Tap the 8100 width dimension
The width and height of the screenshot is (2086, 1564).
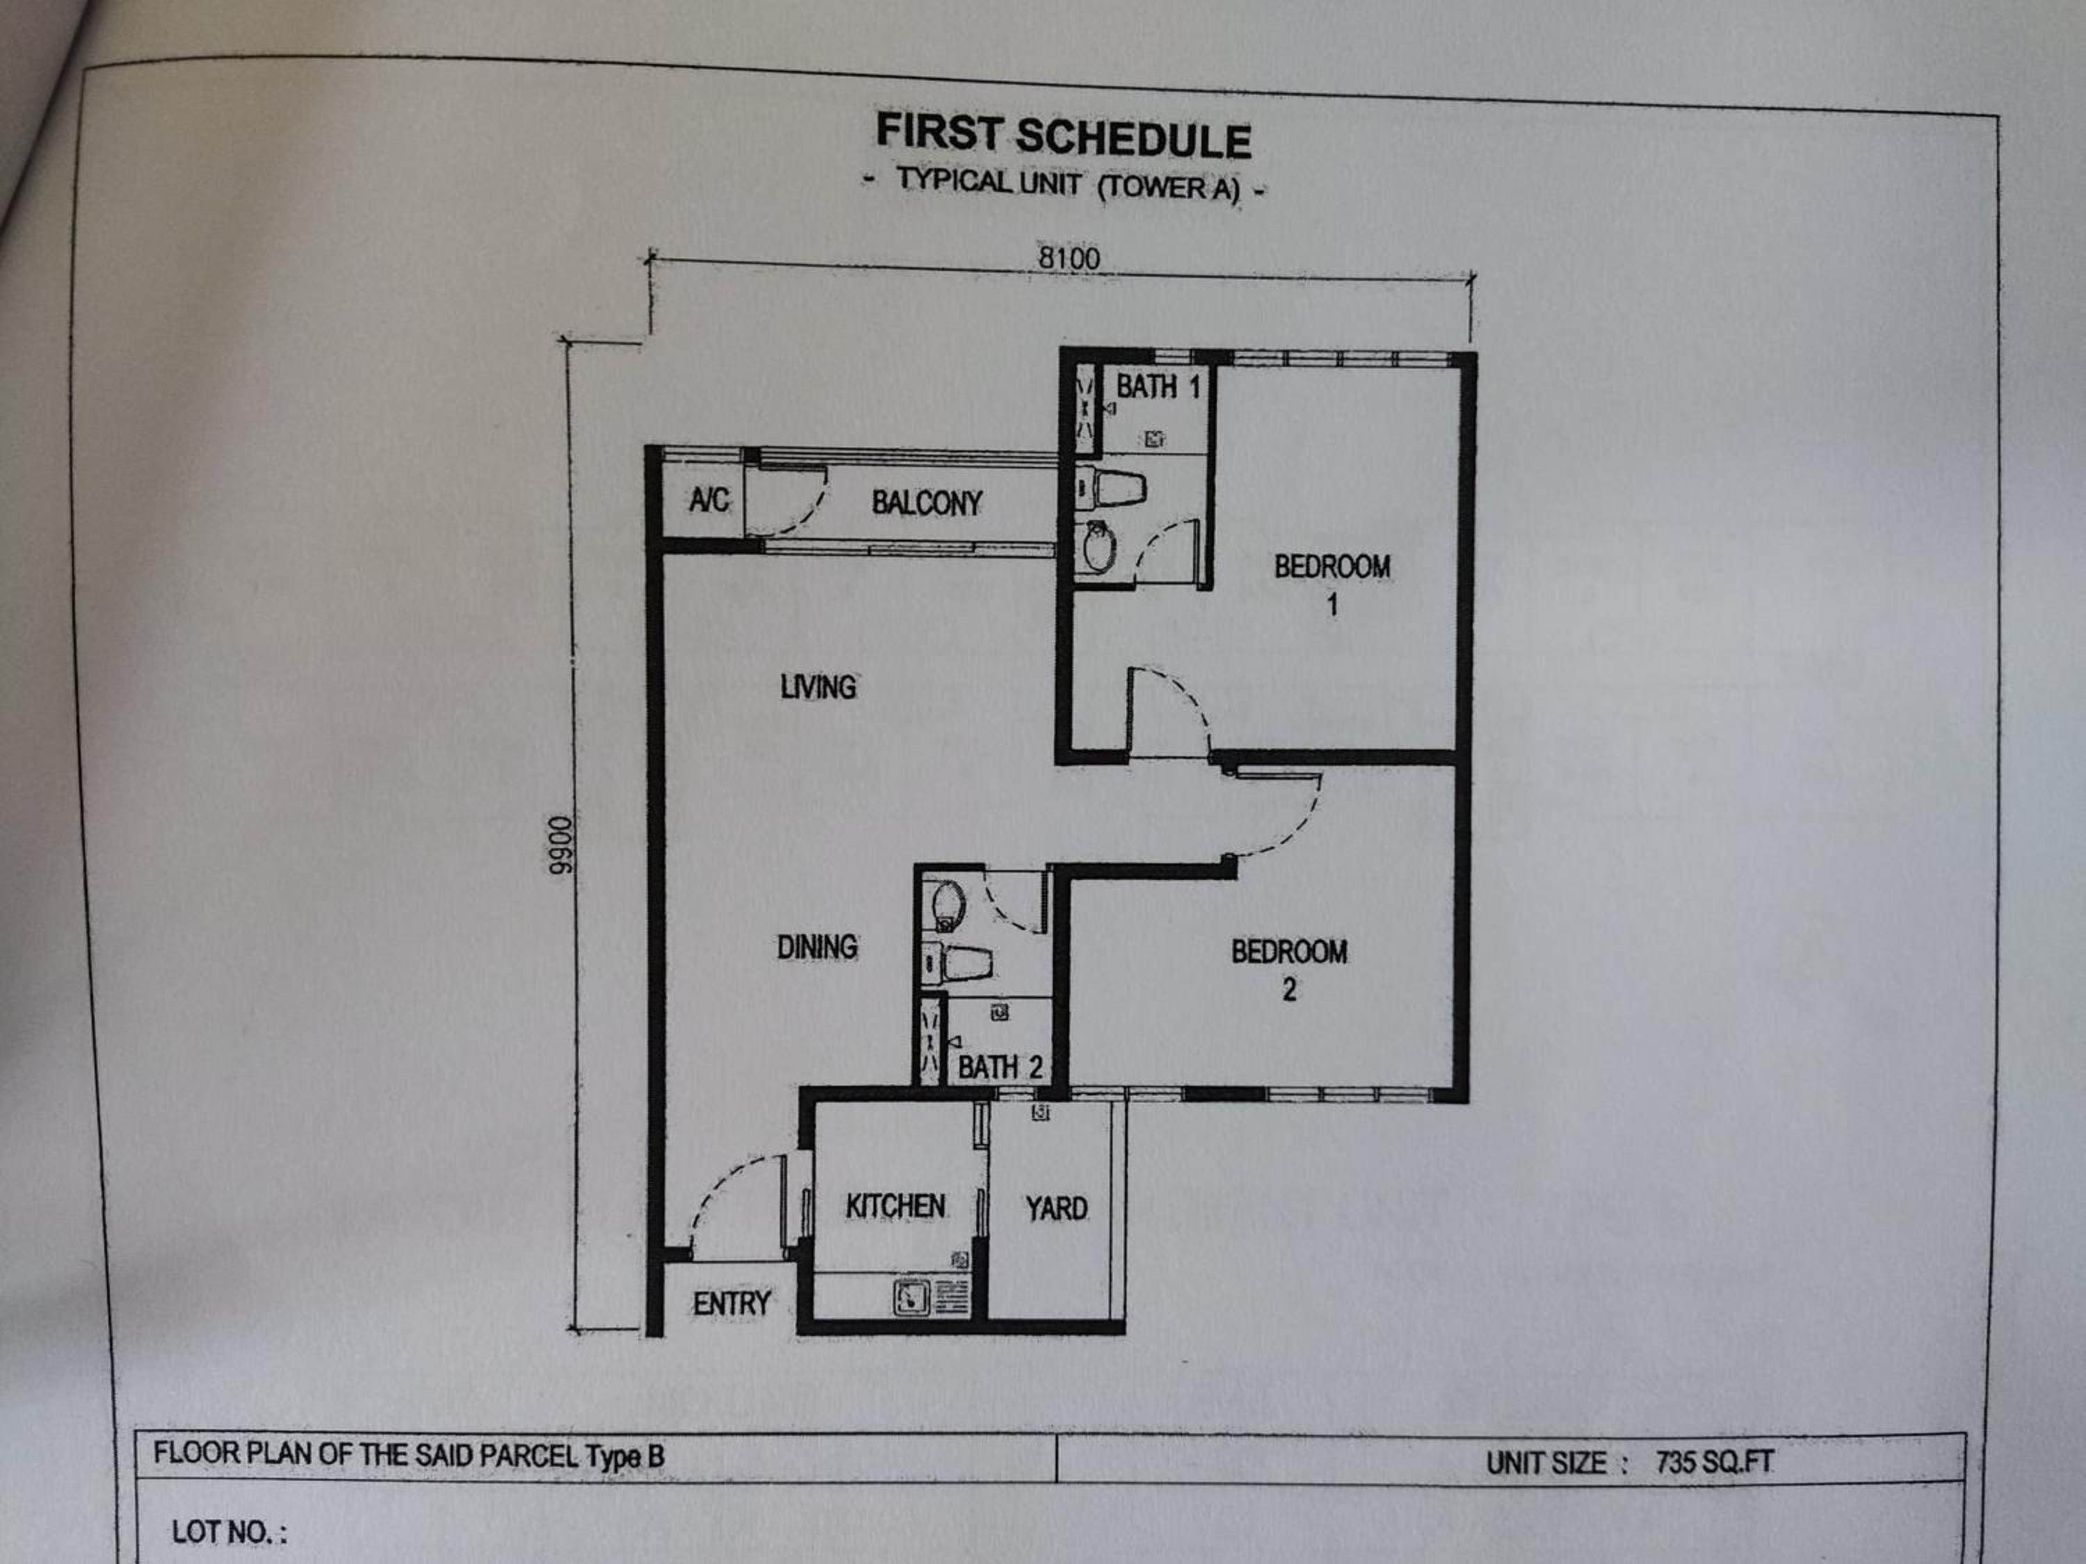point(1069,257)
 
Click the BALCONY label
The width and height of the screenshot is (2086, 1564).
point(926,503)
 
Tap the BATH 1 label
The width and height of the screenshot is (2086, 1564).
point(1158,386)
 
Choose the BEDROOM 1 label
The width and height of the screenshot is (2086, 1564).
point(1332,585)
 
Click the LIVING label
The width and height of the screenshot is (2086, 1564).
point(818,686)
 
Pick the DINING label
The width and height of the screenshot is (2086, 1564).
point(817,947)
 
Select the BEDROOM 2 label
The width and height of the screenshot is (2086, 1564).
point(1289,969)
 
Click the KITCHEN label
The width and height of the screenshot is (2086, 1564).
point(895,1206)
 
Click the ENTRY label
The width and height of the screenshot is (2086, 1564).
point(731,1304)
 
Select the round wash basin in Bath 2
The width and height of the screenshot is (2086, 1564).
point(948,905)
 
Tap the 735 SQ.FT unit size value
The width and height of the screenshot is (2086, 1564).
point(1715,1463)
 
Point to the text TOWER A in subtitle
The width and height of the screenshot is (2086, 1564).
point(1167,187)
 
